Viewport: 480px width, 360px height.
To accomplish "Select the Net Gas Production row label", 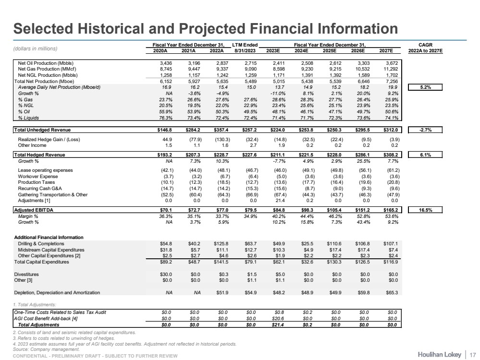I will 43,68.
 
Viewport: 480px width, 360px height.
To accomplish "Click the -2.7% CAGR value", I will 425,129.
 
